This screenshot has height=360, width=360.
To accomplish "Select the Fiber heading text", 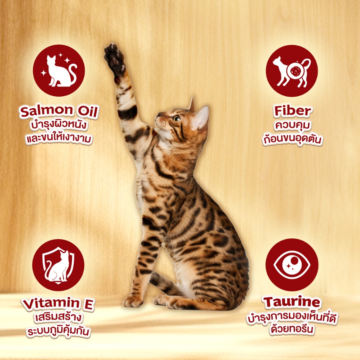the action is click(x=292, y=111).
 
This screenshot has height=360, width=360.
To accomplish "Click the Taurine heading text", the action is click(x=292, y=302).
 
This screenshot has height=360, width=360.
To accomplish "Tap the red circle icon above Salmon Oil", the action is click(x=59, y=70).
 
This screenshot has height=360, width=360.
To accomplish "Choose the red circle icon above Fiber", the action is click(x=291, y=71).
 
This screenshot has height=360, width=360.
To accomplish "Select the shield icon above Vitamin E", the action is click(x=58, y=265).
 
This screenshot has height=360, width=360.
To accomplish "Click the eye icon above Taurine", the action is click(x=292, y=265).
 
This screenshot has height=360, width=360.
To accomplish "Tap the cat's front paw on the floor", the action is click(x=133, y=301).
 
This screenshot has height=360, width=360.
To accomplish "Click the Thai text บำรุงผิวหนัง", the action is click(x=59, y=126).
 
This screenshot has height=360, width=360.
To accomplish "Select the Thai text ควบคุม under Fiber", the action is click(x=292, y=126).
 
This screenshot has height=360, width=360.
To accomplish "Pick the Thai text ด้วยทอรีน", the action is click(x=292, y=329).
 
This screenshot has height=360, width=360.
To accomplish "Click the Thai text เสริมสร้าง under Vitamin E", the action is click(x=58, y=317).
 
